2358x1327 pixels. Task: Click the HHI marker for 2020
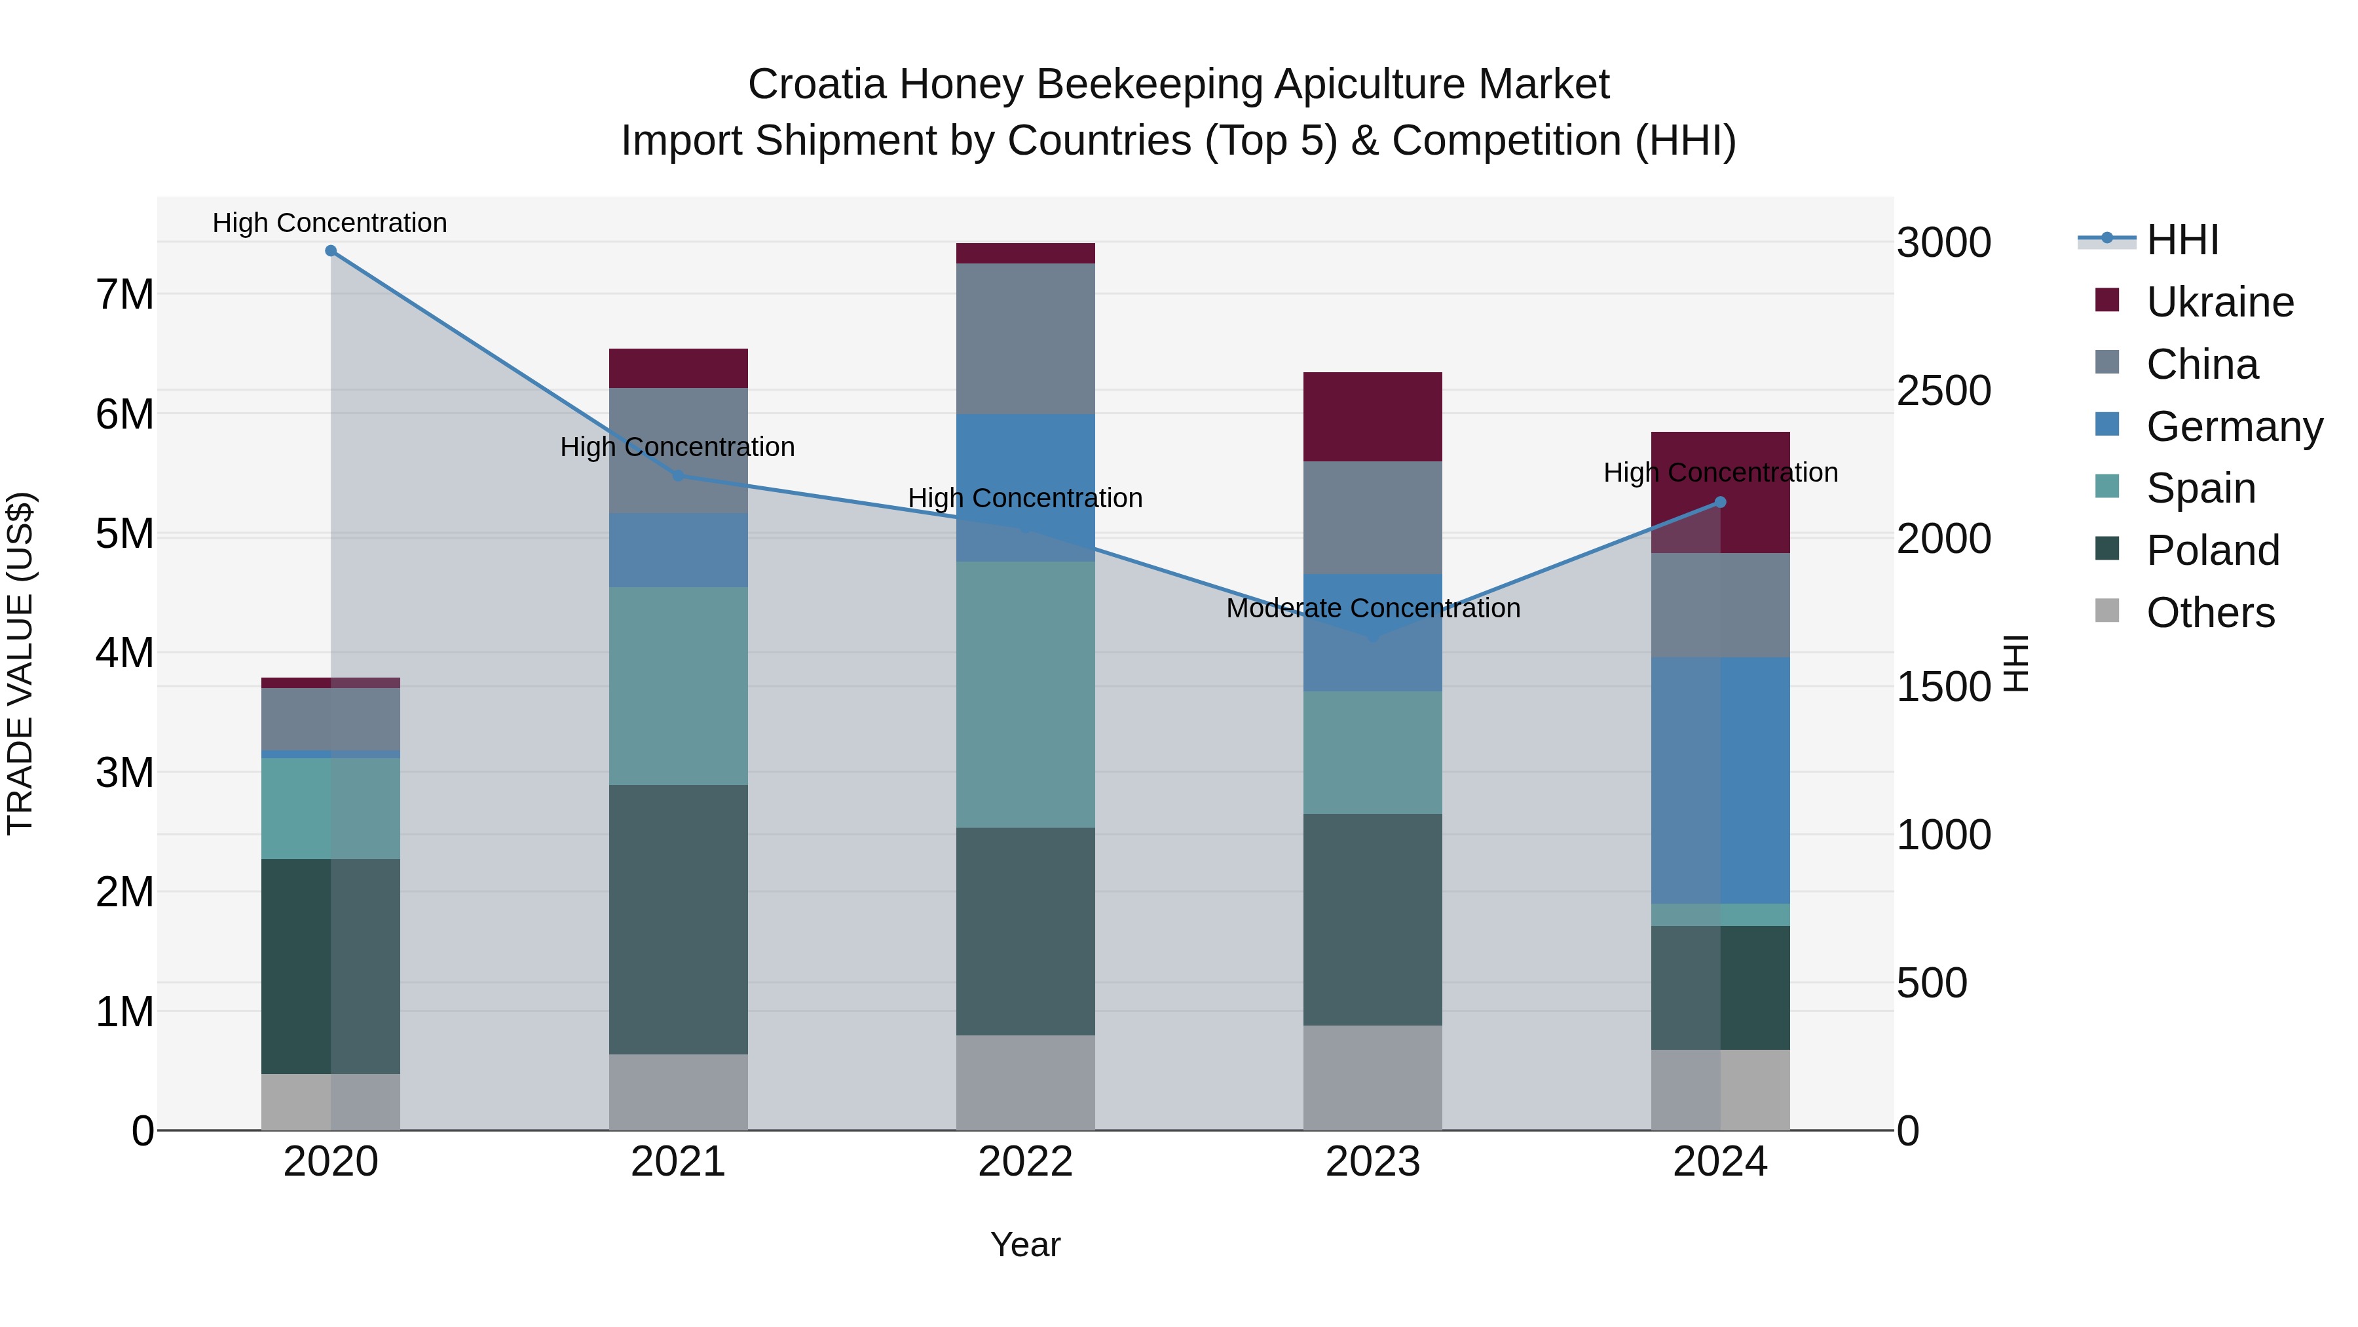(331, 251)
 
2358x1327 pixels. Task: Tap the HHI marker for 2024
(1720, 502)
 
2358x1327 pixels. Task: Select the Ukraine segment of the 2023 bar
(1372, 417)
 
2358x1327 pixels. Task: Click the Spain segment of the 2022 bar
(1025, 694)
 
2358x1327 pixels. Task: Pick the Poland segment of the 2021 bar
(679, 919)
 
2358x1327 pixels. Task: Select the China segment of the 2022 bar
(1025, 339)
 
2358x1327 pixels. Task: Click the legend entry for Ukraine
(2219, 302)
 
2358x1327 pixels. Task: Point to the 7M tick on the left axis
(124, 295)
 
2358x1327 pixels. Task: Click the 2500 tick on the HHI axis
(1943, 391)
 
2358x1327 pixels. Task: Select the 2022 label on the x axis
(1025, 1162)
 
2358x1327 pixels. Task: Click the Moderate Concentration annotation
(1372, 608)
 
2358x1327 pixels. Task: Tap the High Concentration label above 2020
(329, 223)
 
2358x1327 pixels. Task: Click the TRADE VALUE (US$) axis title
(20, 663)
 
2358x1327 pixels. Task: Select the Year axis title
(1025, 1244)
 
